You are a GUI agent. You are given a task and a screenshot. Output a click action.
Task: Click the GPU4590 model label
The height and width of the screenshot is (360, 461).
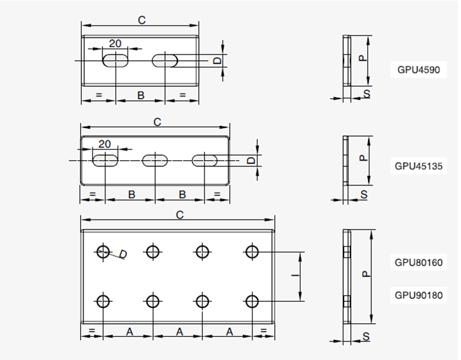click(418, 70)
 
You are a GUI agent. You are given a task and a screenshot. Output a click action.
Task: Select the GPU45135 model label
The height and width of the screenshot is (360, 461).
click(418, 166)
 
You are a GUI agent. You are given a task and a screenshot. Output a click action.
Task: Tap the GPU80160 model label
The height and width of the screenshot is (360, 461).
click(418, 263)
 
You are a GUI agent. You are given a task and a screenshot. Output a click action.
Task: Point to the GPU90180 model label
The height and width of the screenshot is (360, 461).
click(418, 295)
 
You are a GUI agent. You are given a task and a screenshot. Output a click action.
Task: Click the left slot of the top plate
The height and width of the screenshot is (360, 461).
click(116, 60)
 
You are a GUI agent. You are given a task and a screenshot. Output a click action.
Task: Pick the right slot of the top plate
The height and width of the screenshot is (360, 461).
click(166, 60)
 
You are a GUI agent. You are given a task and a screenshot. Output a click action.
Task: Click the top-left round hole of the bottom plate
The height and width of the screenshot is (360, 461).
click(103, 251)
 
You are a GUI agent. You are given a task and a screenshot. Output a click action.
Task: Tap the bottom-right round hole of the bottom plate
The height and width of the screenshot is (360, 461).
click(251, 301)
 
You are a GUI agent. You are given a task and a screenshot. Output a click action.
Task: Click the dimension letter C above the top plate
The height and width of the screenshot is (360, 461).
click(142, 20)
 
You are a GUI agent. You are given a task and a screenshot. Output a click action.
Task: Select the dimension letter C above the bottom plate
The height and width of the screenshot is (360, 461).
click(179, 215)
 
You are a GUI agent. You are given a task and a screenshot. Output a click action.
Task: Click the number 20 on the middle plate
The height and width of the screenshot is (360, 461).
click(105, 143)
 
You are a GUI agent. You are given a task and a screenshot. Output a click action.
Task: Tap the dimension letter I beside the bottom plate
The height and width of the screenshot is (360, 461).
click(294, 276)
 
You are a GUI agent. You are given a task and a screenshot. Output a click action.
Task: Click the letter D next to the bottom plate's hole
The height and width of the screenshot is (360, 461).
click(123, 254)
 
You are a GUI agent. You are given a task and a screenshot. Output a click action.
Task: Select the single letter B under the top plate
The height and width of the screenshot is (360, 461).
click(141, 95)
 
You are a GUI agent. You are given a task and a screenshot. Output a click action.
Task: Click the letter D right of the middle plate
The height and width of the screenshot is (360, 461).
click(251, 160)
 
